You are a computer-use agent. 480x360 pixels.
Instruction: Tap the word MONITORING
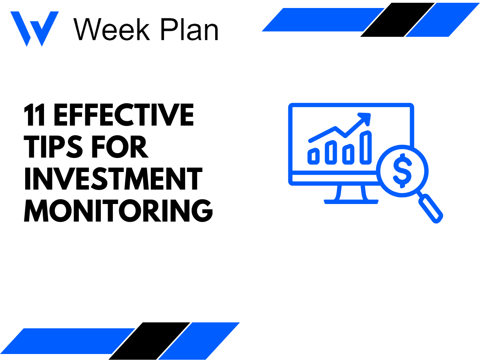click(118, 211)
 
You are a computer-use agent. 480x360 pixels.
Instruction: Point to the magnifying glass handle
click(432, 208)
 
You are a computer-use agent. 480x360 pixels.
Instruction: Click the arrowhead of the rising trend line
click(365, 118)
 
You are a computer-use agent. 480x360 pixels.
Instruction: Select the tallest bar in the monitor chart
click(366, 147)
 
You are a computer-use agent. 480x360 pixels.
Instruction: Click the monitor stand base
click(351, 202)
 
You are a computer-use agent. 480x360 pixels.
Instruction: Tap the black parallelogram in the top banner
click(398, 20)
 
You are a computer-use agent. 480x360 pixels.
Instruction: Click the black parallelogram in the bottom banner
click(150, 341)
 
